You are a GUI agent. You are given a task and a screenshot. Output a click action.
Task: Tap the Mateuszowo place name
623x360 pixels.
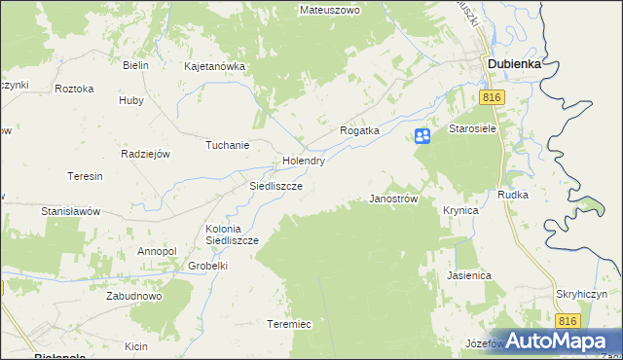coord(330,10)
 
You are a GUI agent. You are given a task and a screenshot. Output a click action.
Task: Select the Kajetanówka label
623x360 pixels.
coord(214,67)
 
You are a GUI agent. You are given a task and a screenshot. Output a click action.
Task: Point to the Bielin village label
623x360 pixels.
coord(134,65)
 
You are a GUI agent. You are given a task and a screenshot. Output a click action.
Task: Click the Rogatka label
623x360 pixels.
coord(358,129)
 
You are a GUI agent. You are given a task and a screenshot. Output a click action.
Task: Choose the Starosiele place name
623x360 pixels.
coord(473,127)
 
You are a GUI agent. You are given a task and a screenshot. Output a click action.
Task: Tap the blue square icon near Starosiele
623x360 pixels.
coord(422,136)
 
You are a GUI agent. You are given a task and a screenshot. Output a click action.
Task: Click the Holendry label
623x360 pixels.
coord(303,161)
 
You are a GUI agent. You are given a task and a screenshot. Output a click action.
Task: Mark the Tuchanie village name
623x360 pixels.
coord(227,145)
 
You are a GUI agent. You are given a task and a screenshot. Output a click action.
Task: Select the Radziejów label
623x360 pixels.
coord(146,154)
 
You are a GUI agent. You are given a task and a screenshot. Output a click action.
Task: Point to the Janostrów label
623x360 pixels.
coord(394,198)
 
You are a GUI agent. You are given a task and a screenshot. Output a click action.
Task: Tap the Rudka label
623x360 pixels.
coord(512,195)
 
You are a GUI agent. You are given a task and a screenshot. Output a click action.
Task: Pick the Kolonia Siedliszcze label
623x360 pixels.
coord(231,234)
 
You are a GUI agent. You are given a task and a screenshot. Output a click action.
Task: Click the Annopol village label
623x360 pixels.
coord(157,251)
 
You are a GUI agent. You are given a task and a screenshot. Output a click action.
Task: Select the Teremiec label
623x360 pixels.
coord(289,324)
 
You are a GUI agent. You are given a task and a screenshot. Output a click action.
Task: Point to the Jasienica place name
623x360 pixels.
coord(468,275)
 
